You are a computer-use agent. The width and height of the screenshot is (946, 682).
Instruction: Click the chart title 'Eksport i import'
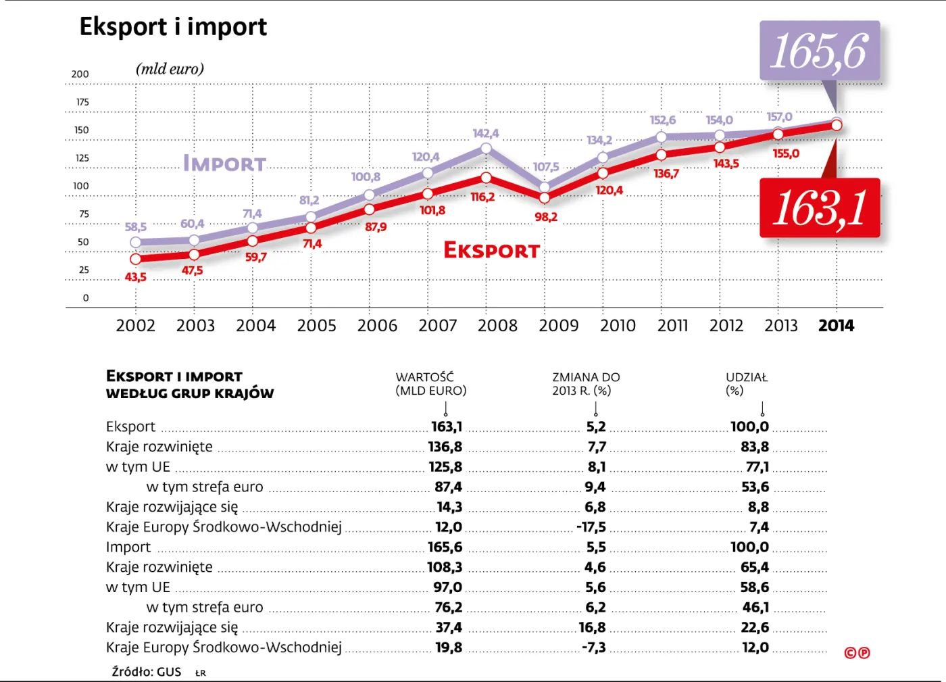click(x=173, y=27)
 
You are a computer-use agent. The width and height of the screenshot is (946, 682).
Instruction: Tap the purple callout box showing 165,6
click(x=820, y=51)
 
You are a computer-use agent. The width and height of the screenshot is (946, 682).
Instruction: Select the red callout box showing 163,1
click(x=820, y=208)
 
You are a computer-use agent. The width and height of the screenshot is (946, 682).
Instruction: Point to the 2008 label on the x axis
click(x=497, y=326)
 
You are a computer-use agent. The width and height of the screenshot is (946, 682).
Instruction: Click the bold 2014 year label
click(x=836, y=326)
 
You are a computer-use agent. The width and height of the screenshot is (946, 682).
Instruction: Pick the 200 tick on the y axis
click(x=80, y=74)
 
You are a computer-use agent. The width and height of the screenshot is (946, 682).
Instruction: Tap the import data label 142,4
click(x=485, y=134)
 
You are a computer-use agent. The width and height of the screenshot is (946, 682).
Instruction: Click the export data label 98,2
click(x=546, y=217)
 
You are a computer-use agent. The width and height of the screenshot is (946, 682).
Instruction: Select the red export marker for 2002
click(x=136, y=259)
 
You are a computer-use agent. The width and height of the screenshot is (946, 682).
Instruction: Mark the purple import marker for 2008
click(x=487, y=148)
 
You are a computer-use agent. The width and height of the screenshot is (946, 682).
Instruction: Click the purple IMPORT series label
click(x=225, y=164)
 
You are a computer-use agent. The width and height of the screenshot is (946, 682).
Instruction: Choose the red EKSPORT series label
click(x=491, y=251)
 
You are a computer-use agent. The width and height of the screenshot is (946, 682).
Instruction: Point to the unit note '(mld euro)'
click(x=170, y=69)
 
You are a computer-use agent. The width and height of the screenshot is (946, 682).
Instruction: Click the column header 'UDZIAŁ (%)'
click(x=746, y=384)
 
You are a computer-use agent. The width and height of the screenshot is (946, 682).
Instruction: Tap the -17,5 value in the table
click(x=591, y=527)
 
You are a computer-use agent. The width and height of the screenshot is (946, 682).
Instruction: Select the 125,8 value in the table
click(x=445, y=467)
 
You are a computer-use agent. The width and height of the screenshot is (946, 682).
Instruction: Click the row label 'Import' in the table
click(x=128, y=547)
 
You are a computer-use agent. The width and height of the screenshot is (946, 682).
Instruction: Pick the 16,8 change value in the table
click(x=592, y=628)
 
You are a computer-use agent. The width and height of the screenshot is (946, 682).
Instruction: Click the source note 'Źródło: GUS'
click(x=147, y=672)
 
